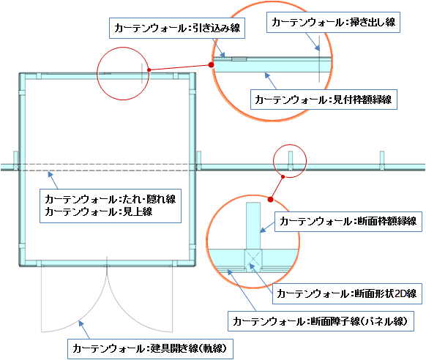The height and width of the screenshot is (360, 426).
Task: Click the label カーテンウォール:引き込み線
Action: (177, 29)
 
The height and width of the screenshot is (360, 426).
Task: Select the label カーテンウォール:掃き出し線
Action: (333, 22)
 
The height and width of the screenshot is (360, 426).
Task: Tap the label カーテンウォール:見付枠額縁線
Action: (324, 100)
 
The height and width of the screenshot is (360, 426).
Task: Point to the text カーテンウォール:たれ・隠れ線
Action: (111, 200)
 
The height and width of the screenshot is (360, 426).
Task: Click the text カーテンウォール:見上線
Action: (99, 211)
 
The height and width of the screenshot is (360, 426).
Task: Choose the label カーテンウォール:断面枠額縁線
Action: (348, 222)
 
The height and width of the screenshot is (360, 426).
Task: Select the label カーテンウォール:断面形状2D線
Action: (347, 293)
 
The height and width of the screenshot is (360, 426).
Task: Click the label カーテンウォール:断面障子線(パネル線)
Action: (321, 321)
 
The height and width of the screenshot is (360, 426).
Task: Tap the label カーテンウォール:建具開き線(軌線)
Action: (150, 349)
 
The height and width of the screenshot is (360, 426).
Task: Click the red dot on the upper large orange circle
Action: (211, 65)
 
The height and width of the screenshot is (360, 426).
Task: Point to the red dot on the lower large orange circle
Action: (270, 200)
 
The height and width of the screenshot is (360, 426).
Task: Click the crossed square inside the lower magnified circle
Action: (253, 258)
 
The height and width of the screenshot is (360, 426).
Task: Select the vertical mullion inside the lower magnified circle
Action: (253, 225)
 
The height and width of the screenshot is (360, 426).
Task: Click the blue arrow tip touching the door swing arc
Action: (79, 321)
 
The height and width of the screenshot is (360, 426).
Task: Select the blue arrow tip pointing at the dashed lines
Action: (48, 173)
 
